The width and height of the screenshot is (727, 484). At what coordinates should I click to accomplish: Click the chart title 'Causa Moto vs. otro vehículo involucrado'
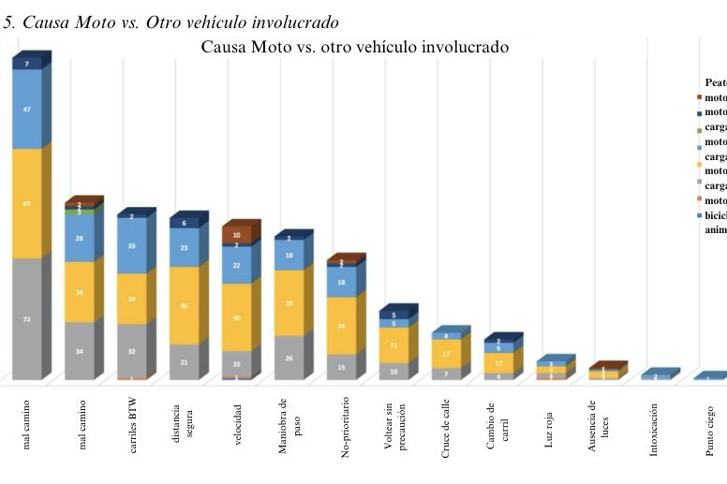click(x=355, y=47)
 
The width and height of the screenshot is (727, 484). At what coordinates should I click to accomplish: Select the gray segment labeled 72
click(x=26, y=319)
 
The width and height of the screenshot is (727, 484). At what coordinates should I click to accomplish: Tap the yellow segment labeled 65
click(x=26, y=202)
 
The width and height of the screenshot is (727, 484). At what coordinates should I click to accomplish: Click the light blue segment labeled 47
click(x=26, y=109)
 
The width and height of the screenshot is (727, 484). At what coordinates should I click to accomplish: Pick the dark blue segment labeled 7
click(x=26, y=64)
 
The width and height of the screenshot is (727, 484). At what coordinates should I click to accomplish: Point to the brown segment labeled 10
click(x=236, y=235)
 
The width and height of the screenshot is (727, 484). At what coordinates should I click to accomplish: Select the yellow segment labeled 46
click(x=184, y=305)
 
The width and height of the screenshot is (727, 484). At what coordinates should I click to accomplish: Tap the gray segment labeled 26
click(x=289, y=358)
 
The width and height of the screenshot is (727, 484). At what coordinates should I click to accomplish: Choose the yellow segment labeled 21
click(x=393, y=345)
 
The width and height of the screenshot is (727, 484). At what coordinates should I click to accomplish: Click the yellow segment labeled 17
click(x=446, y=354)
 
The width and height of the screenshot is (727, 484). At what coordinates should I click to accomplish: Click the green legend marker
click(x=699, y=127)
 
